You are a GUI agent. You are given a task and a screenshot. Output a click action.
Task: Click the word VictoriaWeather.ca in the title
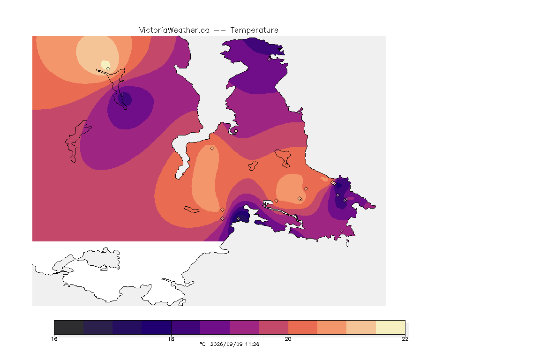click(x=174, y=30)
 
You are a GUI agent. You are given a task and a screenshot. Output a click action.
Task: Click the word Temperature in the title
click(x=254, y=30)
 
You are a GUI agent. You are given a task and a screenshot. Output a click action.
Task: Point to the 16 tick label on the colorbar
click(x=54, y=339)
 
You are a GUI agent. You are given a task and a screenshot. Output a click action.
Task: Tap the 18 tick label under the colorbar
click(x=171, y=339)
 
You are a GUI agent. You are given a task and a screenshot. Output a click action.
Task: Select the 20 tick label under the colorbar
click(x=288, y=339)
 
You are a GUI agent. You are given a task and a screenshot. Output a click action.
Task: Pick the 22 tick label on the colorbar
click(x=405, y=339)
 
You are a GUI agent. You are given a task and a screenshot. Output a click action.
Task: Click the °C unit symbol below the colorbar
click(x=203, y=344)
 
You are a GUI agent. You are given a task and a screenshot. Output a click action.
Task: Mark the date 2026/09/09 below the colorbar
click(x=226, y=344)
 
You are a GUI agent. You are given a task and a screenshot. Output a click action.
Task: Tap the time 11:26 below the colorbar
click(x=252, y=344)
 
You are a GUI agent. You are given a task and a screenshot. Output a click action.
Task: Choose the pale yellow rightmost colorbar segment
click(x=390, y=327)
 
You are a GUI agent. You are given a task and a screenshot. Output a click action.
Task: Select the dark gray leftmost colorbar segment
click(x=69, y=327)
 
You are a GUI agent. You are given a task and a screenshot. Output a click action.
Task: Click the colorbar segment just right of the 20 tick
click(x=303, y=327)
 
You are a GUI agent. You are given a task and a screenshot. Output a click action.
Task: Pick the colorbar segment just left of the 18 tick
click(x=157, y=327)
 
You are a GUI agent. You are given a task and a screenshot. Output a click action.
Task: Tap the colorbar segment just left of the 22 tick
click(x=390, y=327)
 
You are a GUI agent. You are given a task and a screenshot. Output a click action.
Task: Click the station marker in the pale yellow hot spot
click(x=108, y=68)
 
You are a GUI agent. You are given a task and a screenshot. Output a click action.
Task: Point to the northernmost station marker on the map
click(x=270, y=59)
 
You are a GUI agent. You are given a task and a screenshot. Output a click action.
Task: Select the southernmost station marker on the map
click(x=342, y=231)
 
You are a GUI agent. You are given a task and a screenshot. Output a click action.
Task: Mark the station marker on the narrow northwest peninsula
click(x=122, y=94)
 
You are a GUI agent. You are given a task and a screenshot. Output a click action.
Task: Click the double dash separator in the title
click(x=220, y=30)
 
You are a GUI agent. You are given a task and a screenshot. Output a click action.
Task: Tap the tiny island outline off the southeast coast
click(x=347, y=243)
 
